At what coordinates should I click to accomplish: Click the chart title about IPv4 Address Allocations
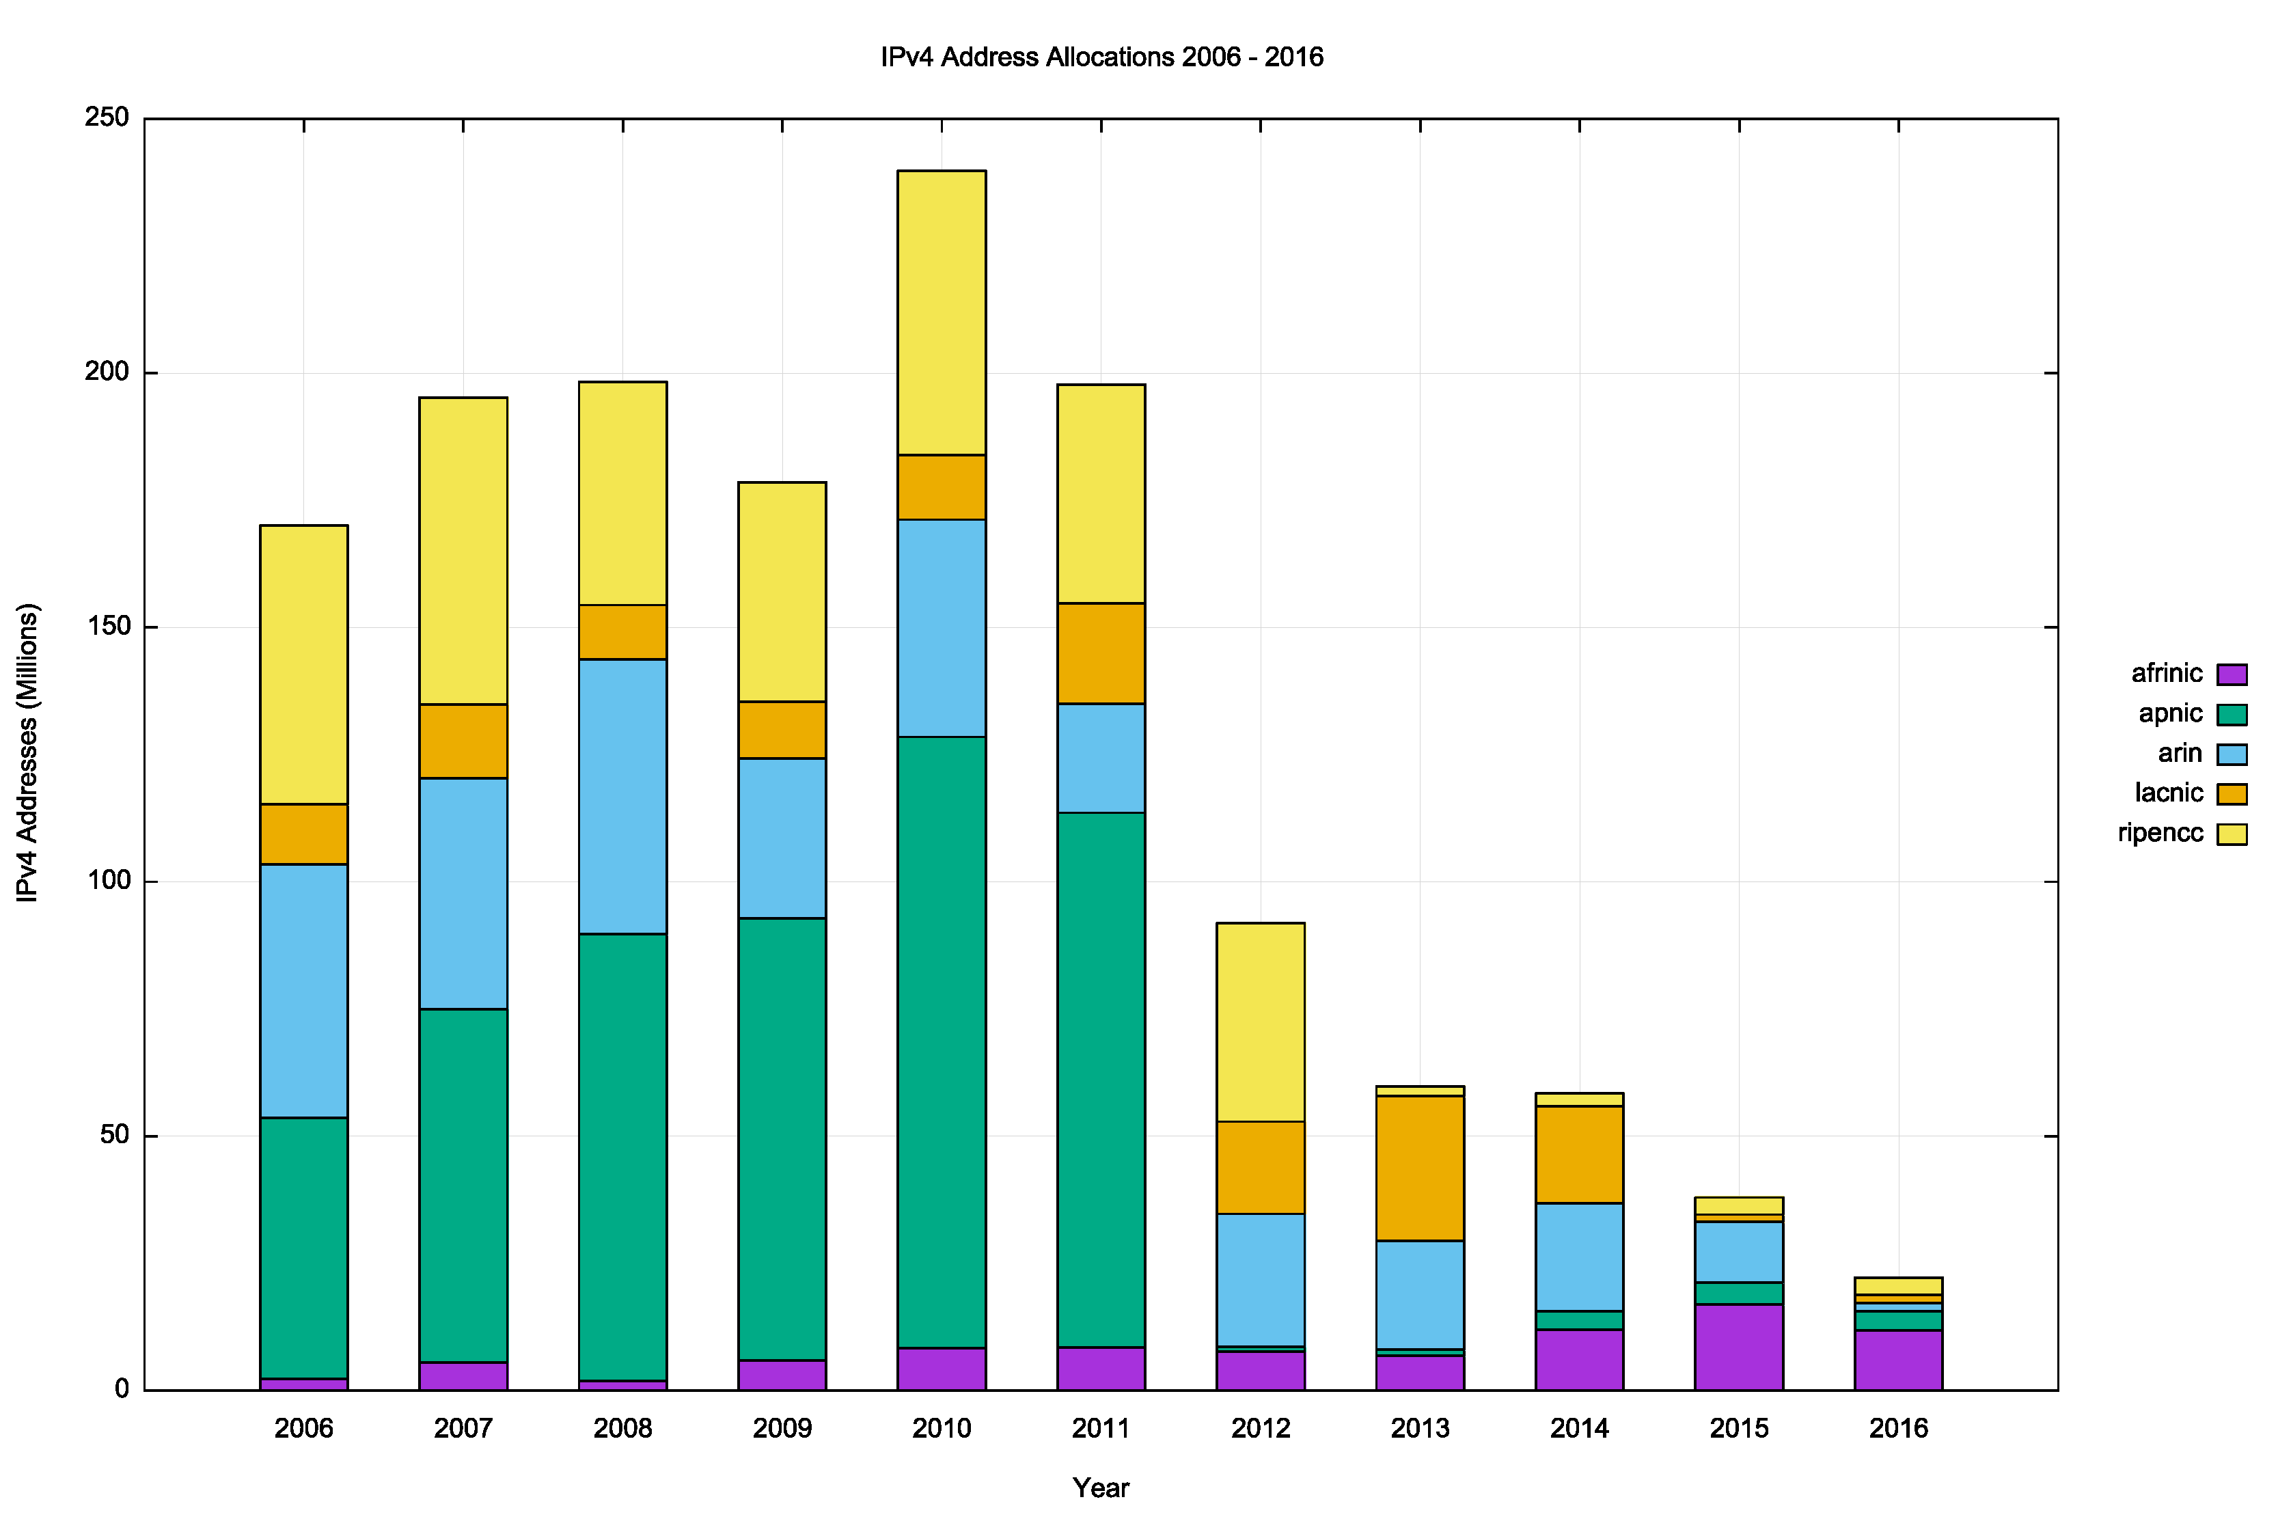tap(1101, 57)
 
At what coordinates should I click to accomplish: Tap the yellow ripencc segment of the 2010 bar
tap(942, 312)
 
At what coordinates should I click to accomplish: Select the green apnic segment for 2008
tap(622, 1157)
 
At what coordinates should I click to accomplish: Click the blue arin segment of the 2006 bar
tap(304, 991)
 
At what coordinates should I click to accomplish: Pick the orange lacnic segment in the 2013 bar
tap(1420, 1168)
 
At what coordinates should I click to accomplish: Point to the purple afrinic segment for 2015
tap(1738, 1347)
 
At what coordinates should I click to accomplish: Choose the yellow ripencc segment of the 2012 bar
tap(1260, 1022)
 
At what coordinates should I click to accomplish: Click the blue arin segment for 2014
tap(1579, 1257)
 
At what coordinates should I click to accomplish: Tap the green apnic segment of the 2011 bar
tap(1101, 1079)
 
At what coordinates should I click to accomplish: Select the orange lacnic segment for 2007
tap(463, 741)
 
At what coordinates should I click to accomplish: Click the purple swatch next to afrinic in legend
tap(2232, 674)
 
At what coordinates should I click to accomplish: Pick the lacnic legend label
tap(2169, 793)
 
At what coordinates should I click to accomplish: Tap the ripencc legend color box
tap(2232, 834)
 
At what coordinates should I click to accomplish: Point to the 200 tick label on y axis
tap(107, 372)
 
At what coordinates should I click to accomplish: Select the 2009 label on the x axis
tap(782, 1429)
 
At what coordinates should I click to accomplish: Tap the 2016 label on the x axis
tap(1898, 1429)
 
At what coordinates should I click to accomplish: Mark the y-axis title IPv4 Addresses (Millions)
tap(27, 753)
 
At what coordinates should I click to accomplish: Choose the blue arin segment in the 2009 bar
tap(782, 838)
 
